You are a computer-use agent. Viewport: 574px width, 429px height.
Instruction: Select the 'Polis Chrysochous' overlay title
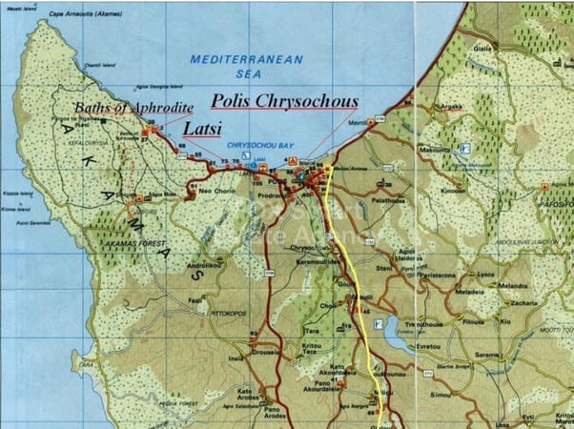284,99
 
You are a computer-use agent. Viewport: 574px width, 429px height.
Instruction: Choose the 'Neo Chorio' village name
216,190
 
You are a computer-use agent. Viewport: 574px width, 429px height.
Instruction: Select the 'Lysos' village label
487,273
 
